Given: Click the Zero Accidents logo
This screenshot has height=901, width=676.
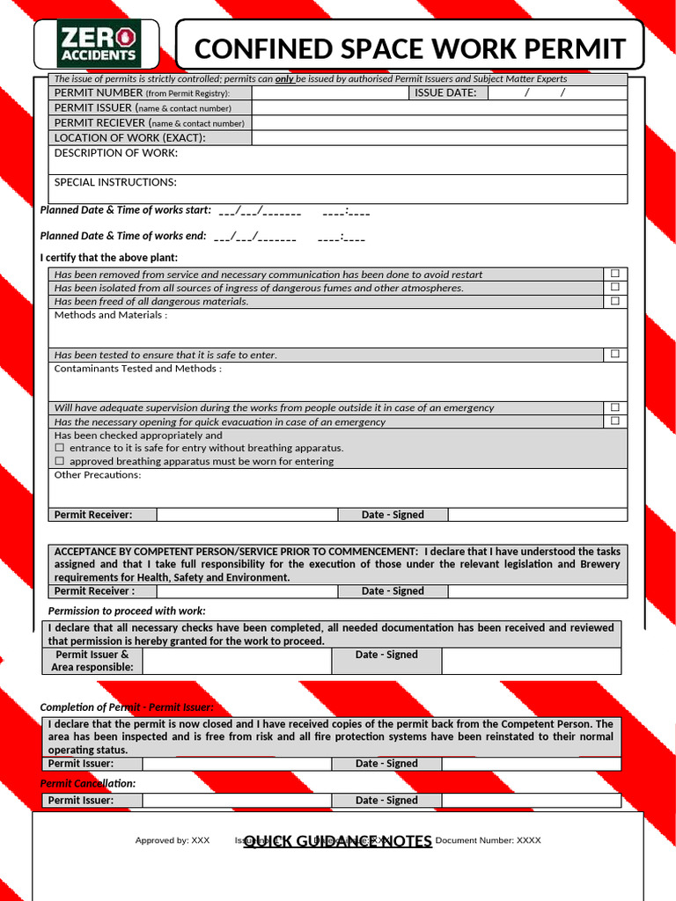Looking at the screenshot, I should point(98,45).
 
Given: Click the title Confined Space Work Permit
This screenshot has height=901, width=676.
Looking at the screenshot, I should point(409,48).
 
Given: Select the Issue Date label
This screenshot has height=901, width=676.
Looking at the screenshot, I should point(445,92).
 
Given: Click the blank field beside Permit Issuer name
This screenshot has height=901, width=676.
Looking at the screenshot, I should point(439,107).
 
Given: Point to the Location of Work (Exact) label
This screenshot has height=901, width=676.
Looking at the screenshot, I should point(129,137).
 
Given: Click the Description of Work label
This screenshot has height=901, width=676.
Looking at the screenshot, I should point(115,153).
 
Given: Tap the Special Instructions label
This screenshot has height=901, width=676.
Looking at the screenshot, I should point(115,182).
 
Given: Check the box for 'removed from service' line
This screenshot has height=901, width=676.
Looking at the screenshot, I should point(615,274).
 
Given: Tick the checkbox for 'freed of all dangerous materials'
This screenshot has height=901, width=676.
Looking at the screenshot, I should point(615,301).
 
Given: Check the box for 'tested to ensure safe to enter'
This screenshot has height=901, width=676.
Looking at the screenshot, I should point(615,354).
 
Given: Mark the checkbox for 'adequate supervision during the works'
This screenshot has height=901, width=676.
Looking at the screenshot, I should point(615,407).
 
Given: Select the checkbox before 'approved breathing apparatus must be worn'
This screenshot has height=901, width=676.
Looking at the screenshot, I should point(60,461).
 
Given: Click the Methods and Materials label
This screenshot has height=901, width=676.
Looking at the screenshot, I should point(111,315).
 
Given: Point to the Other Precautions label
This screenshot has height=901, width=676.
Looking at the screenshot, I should point(98,475).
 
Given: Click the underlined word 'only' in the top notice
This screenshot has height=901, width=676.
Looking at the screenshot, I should point(284,79).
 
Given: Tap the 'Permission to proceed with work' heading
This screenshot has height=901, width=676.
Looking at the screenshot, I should point(127,611).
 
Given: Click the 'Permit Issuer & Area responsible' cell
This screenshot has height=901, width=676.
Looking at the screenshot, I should point(92,661).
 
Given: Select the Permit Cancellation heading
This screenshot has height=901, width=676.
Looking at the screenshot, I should point(88,783).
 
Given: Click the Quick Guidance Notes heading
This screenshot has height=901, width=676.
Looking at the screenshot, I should point(338,841).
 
